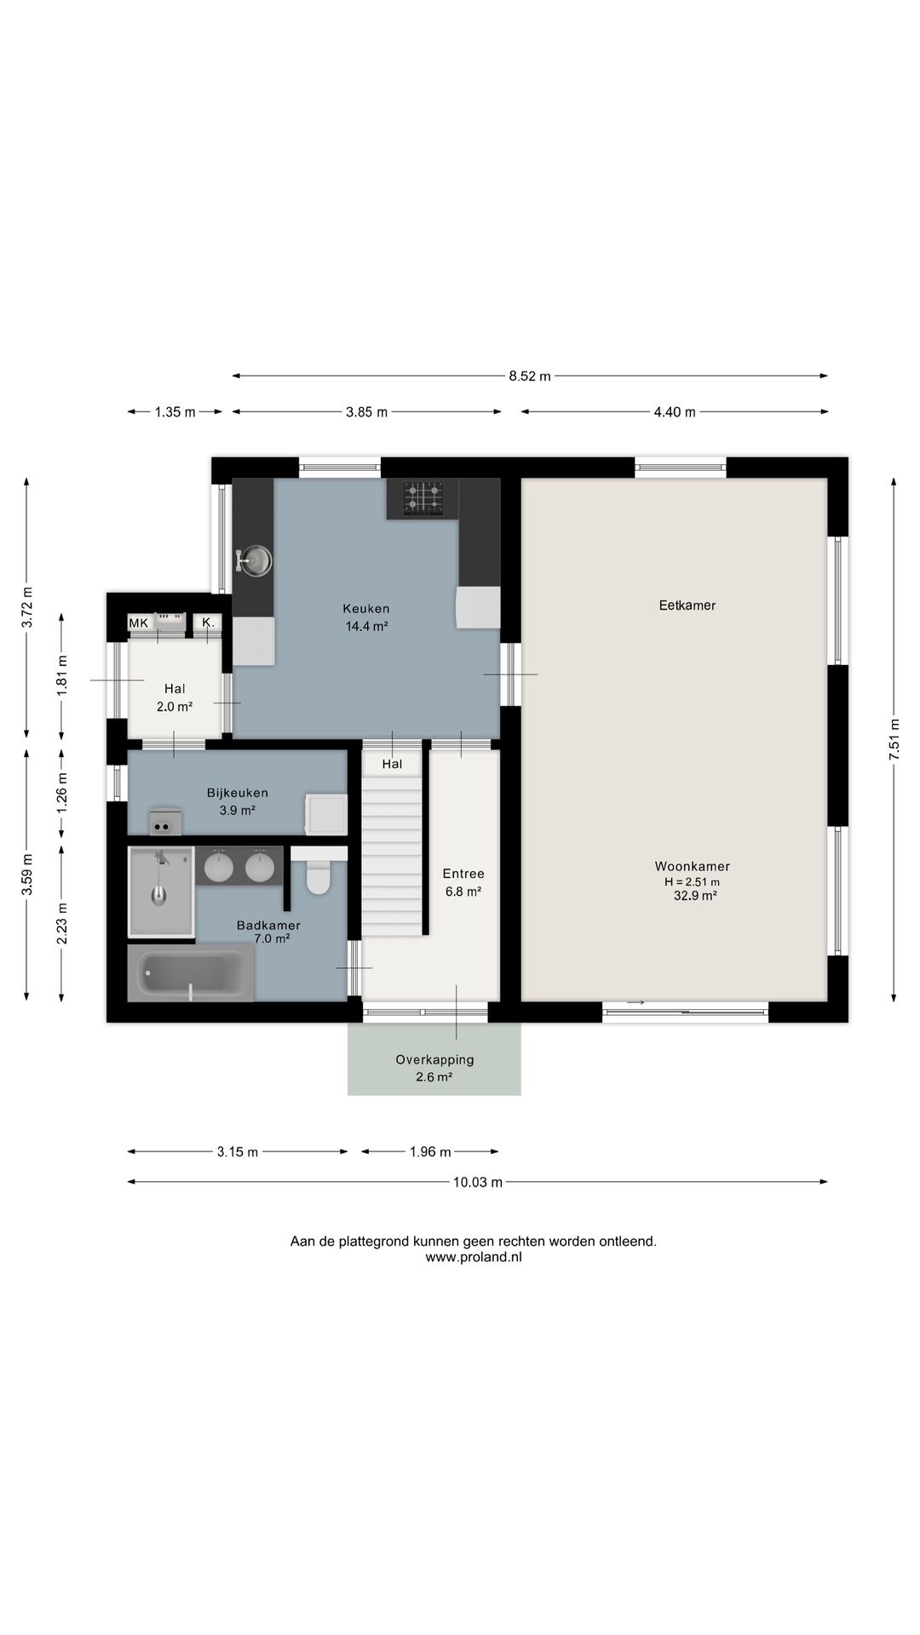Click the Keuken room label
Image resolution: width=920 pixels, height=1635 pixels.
click(366, 609)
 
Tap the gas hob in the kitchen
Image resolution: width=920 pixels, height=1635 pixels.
click(423, 499)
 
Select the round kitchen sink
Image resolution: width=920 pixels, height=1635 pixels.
click(255, 560)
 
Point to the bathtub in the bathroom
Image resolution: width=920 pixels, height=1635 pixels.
click(191, 972)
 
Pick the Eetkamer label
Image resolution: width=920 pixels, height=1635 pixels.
click(687, 605)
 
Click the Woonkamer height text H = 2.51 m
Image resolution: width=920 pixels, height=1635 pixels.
click(692, 882)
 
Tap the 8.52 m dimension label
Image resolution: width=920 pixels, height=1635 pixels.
click(530, 376)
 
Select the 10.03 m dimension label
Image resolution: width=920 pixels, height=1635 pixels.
click(478, 1182)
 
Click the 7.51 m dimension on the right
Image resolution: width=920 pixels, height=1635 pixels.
click(894, 740)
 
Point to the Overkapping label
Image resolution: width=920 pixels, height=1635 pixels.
click(434, 1060)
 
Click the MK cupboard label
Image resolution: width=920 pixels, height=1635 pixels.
click(138, 623)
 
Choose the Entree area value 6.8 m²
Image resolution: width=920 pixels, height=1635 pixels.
click(463, 892)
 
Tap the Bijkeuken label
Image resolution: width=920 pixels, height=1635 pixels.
click(238, 793)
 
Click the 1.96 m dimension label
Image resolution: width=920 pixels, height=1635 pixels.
click(430, 1152)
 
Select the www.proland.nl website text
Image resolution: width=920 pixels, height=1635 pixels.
click(474, 1256)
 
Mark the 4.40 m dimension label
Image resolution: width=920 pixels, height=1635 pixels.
click(675, 412)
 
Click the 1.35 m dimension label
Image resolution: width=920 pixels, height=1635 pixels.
click(175, 412)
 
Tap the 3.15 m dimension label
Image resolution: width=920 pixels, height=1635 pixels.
click(238, 1152)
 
